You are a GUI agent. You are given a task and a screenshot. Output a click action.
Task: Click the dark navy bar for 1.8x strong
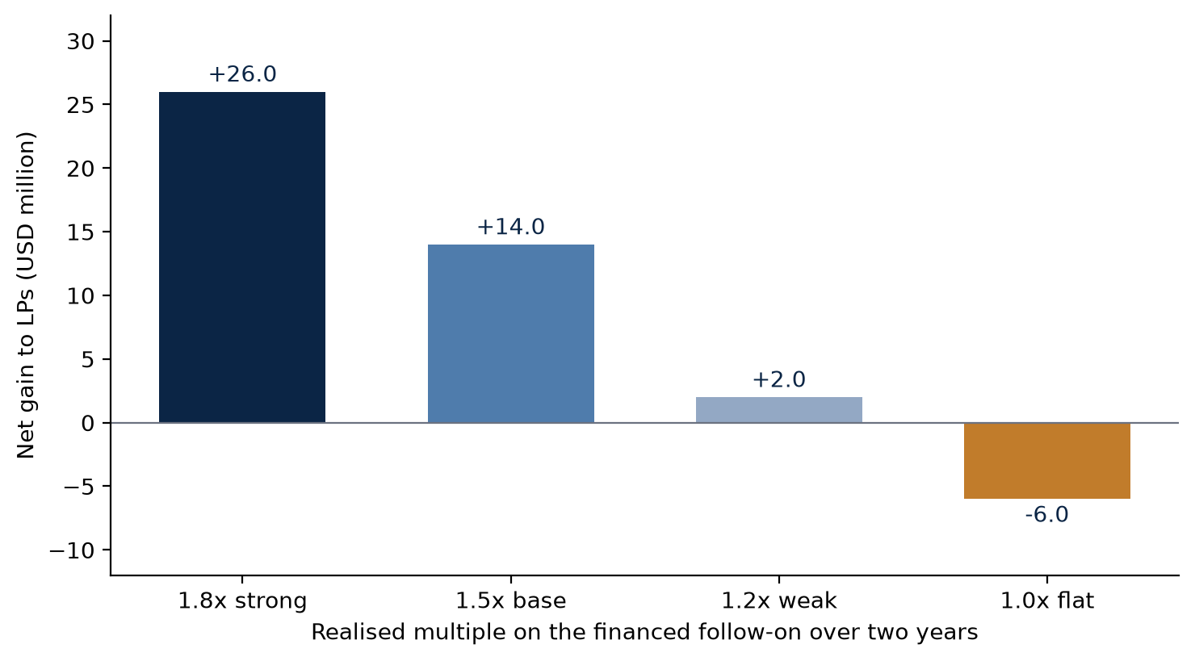pyautogui.click(x=242, y=257)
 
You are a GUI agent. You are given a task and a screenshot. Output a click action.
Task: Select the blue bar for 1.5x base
pyautogui.click(x=511, y=333)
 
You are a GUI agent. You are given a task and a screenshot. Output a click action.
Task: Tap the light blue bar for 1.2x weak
pyautogui.click(x=779, y=410)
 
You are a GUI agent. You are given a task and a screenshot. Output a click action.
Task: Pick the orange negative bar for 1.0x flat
pyautogui.click(x=1047, y=461)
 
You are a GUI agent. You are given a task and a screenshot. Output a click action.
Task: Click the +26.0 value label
pyautogui.click(x=242, y=74)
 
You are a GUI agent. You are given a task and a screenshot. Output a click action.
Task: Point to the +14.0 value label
pyautogui.click(x=510, y=227)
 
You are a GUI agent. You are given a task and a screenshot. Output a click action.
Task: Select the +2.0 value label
pyautogui.click(x=779, y=379)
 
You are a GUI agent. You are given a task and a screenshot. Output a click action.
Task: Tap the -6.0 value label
pyautogui.click(x=1046, y=515)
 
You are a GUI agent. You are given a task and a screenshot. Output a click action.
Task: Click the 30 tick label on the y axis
pyautogui.click(x=81, y=42)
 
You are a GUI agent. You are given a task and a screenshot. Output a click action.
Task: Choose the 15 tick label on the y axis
pyautogui.click(x=81, y=232)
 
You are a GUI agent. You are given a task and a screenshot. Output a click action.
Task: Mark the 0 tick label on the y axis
pyautogui.click(x=88, y=423)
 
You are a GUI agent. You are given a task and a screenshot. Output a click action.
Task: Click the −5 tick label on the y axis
pyautogui.click(x=79, y=487)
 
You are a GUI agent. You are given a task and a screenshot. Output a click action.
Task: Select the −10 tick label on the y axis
pyautogui.click(x=72, y=550)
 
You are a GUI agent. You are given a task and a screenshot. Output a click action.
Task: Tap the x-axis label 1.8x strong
pyautogui.click(x=242, y=601)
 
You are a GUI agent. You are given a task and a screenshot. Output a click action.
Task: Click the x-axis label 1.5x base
pyautogui.click(x=510, y=601)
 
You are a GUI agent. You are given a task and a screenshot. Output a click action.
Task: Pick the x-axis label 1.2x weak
pyautogui.click(x=779, y=601)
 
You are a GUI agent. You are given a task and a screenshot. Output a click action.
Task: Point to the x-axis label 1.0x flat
pyautogui.click(x=1046, y=601)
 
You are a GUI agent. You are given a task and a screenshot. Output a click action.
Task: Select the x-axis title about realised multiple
pyautogui.click(x=644, y=633)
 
